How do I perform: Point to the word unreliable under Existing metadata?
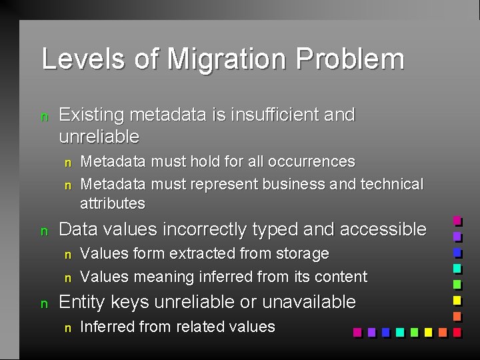pyautogui.click(x=99, y=137)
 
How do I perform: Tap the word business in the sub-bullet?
pyautogui.click(x=291, y=184)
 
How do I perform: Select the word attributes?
pyautogui.click(x=112, y=203)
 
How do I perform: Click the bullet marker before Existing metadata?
pyautogui.click(x=45, y=117)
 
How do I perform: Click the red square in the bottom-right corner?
pyautogui.click(x=457, y=332)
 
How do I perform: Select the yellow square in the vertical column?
pyautogui.click(x=457, y=301)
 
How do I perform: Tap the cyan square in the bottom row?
pyautogui.click(x=399, y=332)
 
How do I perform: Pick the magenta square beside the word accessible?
pyautogui.click(x=457, y=221)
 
